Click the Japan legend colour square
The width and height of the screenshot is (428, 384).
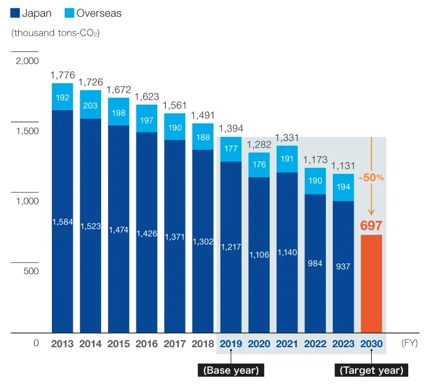tap(15, 13)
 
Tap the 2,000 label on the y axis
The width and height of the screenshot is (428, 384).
tap(25, 61)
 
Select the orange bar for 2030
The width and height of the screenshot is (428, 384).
tap(371, 283)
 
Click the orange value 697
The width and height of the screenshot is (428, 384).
tap(371, 225)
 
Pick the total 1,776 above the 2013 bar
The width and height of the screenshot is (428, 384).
tap(63, 75)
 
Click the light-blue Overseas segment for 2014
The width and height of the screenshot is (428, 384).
tap(90, 105)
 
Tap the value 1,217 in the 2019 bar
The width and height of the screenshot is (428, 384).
tap(231, 247)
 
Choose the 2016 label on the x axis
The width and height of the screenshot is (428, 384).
tap(147, 343)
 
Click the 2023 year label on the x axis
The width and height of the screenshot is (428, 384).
tap(343, 343)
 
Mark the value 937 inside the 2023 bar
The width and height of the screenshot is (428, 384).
tap(343, 266)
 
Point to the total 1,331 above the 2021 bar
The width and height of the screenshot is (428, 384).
tap(287, 137)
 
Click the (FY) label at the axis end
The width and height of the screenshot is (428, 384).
tap(410, 343)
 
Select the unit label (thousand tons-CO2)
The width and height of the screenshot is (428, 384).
tap(56, 33)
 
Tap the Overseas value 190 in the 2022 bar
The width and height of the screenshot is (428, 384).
tap(315, 181)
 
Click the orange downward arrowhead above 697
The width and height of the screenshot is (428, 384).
tap(371, 212)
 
